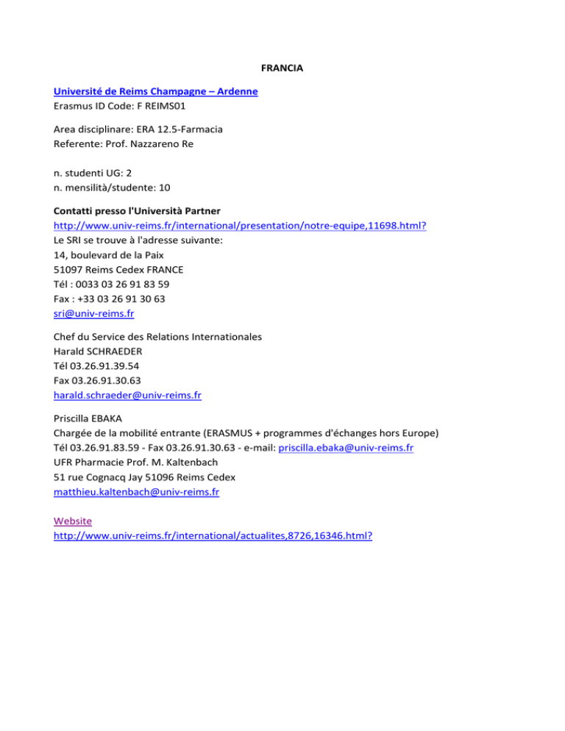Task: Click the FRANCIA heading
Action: tap(283, 68)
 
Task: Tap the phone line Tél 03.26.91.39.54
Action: tap(96, 366)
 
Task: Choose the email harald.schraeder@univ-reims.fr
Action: tap(127, 395)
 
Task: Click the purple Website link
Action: tap(73, 521)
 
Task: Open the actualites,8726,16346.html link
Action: tap(213, 535)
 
